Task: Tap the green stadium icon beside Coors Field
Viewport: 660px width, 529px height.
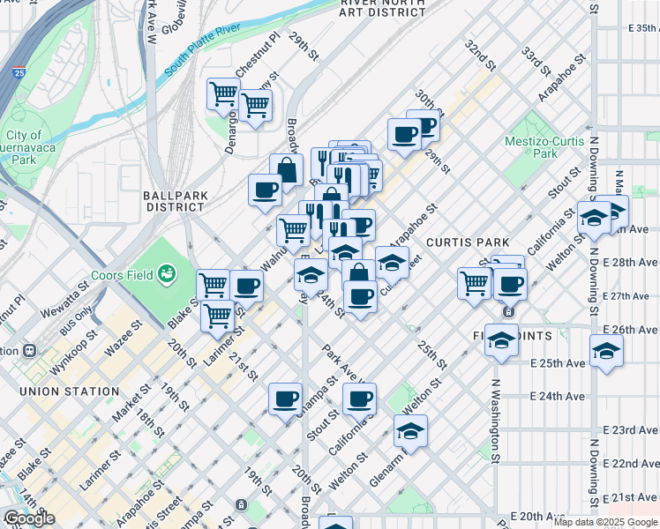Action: click(167, 276)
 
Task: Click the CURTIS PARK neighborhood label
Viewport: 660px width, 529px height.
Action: click(467, 242)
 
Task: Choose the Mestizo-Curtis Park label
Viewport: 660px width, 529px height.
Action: click(544, 146)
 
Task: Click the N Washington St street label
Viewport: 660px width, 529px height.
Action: click(496, 421)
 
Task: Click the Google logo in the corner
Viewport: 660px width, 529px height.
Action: click(30, 518)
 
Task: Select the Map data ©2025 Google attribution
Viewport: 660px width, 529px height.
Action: click(604, 522)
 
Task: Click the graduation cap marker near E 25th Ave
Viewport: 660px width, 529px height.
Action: click(606, 351)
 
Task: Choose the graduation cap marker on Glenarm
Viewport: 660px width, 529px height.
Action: click(410, 431)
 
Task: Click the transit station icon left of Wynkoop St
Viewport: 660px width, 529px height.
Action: click(29, 350)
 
